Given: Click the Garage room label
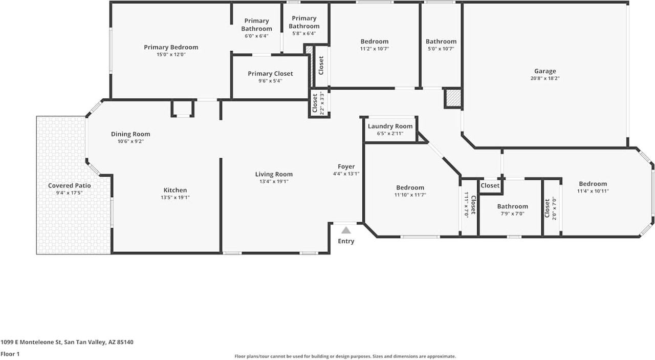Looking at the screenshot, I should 545,71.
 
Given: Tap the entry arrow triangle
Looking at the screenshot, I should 346,230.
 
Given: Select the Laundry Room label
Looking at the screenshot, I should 390,126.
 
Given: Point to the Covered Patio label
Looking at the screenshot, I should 69,185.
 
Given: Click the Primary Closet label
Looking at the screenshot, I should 270,74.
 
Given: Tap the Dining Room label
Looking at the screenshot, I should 130,134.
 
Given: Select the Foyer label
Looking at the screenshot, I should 346,166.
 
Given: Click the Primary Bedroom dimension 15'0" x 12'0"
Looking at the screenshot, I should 171,54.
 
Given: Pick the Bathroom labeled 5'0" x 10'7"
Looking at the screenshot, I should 441,41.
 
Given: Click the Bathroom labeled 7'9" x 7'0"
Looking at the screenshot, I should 512,206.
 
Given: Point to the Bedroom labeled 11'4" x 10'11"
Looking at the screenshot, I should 593,184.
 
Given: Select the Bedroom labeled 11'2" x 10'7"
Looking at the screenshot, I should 374,41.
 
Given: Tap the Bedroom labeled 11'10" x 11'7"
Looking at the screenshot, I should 410,187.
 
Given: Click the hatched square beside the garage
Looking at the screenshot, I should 452,98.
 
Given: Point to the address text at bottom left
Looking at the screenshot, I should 67,342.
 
